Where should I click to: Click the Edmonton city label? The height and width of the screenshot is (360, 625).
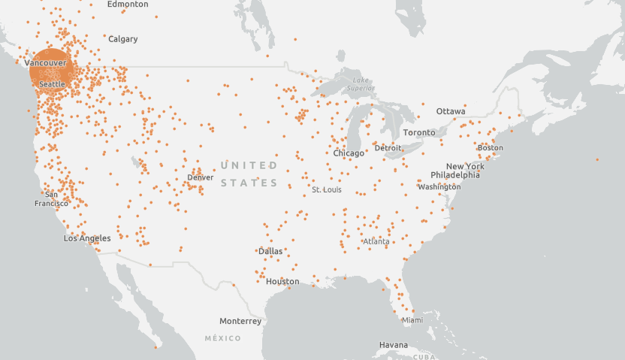pos(128,5)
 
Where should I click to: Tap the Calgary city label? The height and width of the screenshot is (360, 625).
pos(122,39)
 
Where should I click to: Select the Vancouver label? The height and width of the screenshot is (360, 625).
pos(46,62)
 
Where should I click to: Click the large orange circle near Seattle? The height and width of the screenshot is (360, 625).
pos(52,71)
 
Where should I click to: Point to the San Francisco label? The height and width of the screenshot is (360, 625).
pos(51,199)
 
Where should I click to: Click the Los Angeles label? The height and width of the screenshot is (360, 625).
pos(87,238)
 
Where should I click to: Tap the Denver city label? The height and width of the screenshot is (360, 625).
pos(201,178)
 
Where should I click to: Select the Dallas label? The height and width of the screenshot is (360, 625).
pos(270,251)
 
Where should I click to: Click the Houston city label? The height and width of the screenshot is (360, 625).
pos(282,282)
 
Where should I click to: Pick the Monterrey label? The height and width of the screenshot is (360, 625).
pos(240,321)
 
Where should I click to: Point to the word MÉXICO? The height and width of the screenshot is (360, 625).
pos(223,339)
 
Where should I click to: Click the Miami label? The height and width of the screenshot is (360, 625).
pos(412,320)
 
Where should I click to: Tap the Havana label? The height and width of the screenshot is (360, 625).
pos(394,345)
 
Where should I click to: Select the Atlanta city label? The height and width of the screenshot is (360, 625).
pos(376,242)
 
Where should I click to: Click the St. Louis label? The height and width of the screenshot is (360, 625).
pos(327,190)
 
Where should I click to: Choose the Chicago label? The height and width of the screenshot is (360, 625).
pos(349,153)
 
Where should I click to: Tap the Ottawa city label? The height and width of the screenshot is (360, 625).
pos(451,111)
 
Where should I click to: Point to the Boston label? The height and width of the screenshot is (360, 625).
pos(491,147)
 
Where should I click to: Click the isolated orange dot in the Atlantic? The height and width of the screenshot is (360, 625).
pos(597,159)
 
